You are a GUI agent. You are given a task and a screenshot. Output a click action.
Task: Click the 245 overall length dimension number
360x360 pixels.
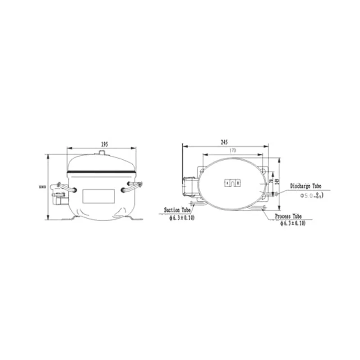(224, 142)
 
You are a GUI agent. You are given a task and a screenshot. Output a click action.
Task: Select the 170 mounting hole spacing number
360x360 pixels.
(232, 151)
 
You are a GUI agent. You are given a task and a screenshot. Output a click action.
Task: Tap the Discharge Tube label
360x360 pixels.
(305, 185)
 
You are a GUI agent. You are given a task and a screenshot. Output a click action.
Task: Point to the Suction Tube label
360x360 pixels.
(176, 210)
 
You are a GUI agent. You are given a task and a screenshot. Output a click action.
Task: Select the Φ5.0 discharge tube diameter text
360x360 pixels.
(310, 196)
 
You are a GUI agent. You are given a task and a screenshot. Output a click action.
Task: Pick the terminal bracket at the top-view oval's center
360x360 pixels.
(232, 183)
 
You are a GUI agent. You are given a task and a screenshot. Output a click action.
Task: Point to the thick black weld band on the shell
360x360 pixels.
(101, 171)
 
